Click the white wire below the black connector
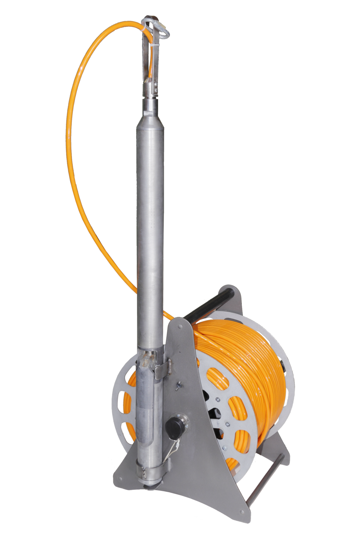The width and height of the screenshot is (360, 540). (x=170, y=449)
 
